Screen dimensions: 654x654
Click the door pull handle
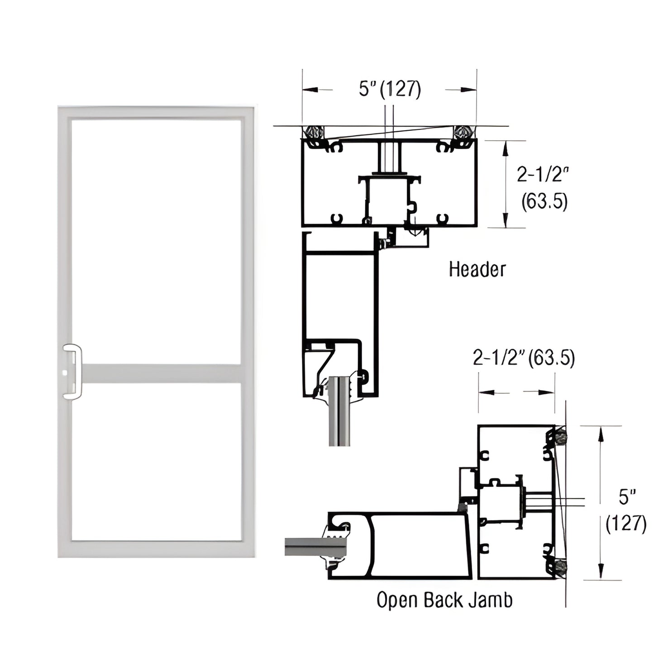[x=72, y=372]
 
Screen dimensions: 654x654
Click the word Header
[x=477, y=269]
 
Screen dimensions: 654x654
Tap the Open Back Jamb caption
[x=444, y=601]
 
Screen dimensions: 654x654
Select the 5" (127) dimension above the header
[x=390, y=89]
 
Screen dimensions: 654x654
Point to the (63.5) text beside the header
[x=544, y=201]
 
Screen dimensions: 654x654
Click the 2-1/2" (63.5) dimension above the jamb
[x=524, y=358]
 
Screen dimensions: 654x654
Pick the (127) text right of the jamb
[x=626, y=524]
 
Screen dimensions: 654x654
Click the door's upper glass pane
[x=156, y=240]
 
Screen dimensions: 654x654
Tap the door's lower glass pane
[x=156, y=462]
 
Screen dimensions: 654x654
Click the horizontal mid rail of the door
[x=161, y=374]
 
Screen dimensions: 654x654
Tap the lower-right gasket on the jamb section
[x=561, y=567]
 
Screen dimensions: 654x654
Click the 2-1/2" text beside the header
[x=542, y=174]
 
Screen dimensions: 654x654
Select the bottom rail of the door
[x=156, y=549]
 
